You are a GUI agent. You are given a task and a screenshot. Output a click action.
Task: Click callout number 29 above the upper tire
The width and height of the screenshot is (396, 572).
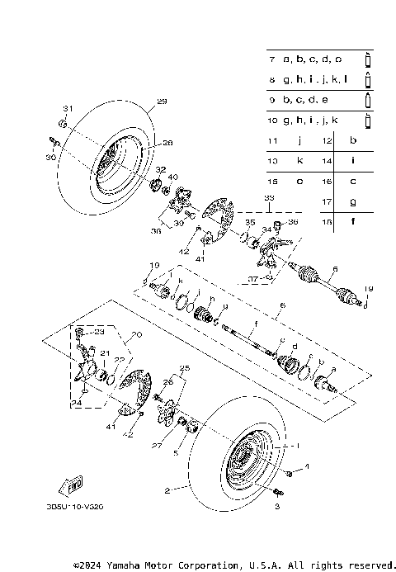[x=162, y=102]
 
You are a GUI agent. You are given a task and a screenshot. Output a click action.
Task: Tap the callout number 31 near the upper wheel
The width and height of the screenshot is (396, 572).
[x=68, y=109]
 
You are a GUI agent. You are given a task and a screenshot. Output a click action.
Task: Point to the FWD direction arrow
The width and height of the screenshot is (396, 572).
[x=73, y=484]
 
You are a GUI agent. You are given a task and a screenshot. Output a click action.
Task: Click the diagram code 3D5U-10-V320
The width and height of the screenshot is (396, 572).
[x=82, y=509]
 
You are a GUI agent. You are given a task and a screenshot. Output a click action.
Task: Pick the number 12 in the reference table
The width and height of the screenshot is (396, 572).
[x=327, y=141]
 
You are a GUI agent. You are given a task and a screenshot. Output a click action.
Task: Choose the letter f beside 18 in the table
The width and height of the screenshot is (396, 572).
[x=352, y=220]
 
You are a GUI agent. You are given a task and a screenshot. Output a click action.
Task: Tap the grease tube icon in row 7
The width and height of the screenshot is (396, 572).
[x=368, y=59]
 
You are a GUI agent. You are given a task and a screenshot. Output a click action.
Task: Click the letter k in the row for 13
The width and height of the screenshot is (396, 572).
[x=299, y=161]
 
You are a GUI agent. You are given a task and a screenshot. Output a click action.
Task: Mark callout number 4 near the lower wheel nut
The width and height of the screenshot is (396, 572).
[x=305, y=466]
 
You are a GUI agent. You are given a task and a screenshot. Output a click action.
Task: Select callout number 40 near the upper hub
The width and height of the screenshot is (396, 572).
[x=172, y=177]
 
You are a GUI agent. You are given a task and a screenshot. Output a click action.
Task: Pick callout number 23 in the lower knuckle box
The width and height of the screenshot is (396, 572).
[x=100, y=332]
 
